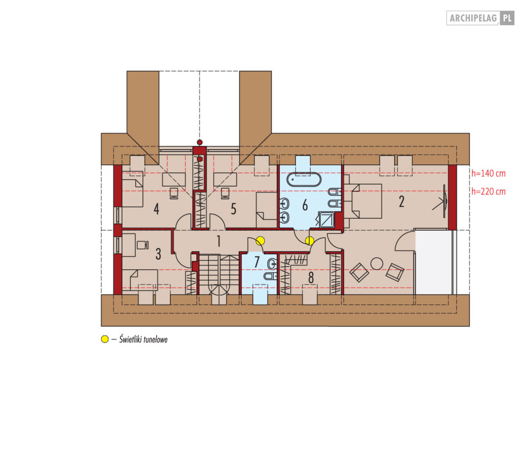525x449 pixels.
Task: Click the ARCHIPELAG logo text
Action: pos(473,18)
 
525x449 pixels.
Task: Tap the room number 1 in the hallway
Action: pos(218,241)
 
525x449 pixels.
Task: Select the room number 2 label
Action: pos(402,202)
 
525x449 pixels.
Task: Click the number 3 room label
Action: pos(158,254)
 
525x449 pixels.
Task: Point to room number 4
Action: pos(156,209)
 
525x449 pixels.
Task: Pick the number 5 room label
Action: pos(233,209)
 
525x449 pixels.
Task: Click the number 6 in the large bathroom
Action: pos(305,205)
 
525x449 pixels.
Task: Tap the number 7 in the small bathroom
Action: pos(257,262)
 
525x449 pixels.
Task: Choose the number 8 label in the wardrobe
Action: pos(311,278)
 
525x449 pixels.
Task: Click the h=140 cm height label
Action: pos(488,173)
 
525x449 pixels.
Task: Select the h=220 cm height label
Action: pos(488,192)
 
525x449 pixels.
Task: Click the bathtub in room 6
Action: pos(304,180)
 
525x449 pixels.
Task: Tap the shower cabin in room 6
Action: pos(327,219)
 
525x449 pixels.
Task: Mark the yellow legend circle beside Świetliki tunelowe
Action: pos(105,339)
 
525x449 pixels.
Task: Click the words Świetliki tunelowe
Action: pos(144,339)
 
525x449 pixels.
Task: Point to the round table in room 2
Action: pos(377,263)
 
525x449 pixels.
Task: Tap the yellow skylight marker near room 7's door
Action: pos(260,241)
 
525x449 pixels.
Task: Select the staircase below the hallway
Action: pos(219,275)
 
